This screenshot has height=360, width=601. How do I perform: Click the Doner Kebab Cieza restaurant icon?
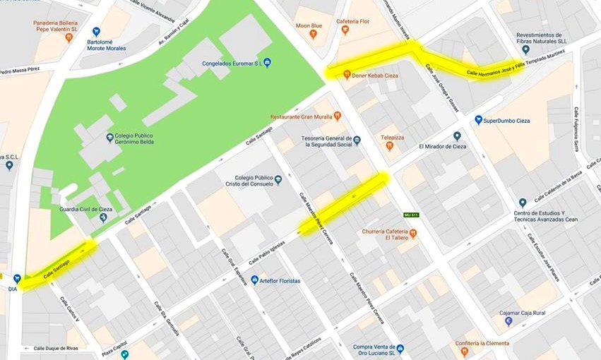point(347,74)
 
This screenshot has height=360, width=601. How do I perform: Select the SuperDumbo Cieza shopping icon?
point(478,120)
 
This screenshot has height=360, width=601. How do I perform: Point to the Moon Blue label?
point(309,25)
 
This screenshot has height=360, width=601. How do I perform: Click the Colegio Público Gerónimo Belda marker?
point(109,138)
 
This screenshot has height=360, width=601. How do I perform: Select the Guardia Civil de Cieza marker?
point(103,217)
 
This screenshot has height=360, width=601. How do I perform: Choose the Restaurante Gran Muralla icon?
point(338,116)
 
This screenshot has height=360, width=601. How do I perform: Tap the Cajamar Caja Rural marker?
point(508,321)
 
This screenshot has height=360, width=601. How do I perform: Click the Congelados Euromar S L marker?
point(267,63)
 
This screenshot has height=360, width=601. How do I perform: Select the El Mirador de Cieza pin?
point(457,136)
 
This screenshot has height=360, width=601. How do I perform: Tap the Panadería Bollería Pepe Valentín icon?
point(69,37)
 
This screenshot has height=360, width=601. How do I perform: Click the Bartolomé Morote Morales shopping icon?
point(96,32)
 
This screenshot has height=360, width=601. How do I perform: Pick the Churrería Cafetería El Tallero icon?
point(413,233)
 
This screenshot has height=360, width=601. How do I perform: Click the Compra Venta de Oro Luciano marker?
point(400,349)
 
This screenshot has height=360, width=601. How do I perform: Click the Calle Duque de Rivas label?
point(57,348)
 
